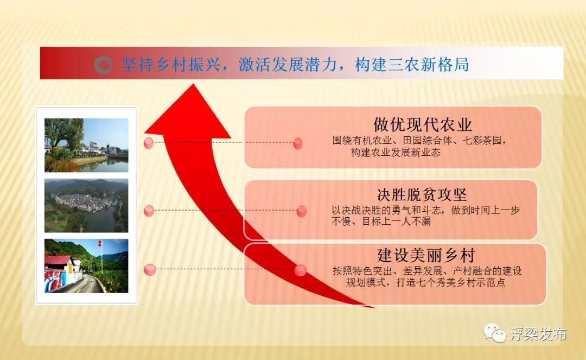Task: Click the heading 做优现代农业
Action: [x=422, y=124]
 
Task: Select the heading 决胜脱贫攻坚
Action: [x=422, y=194]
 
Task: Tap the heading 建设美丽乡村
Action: [x=426, y=255]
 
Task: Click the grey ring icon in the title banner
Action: [x=103, y=65]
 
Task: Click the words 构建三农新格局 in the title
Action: [x=411, y=65]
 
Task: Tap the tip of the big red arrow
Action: [x=193, y=84]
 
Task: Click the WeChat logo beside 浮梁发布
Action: [x=495, y=332]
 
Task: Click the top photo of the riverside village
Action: [x=86, y=145]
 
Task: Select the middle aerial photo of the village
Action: [x=86, y=206]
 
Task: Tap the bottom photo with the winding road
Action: [x=86, y=266]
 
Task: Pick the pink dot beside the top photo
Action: [x=148, y=143]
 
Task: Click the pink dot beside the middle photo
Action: [x=149, y=211]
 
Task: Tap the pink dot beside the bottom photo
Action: [x=150, y=269]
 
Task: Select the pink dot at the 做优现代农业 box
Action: [x=298, y=143]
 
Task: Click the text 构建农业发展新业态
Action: [x=396, y=152]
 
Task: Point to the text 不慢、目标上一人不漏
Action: [x=381, y=222]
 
